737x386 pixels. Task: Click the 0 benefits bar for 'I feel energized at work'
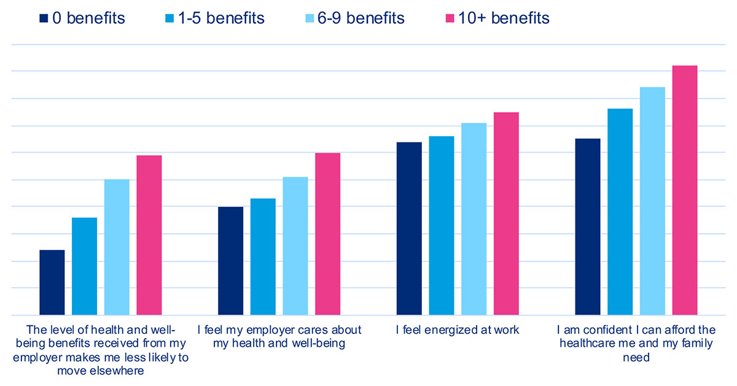click(x=409, y=228)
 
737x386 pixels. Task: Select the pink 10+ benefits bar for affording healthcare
click(x=685, y=190)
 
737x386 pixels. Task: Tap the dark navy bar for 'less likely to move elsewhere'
click(x=52, y=282)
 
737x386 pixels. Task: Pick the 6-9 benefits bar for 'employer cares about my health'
click(x=295, y=245)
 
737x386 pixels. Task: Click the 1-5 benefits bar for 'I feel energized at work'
click(x=441, y=225)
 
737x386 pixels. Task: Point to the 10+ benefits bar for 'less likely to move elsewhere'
click(x=149, y=235)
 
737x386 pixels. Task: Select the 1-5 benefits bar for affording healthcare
click(x=620, y=212)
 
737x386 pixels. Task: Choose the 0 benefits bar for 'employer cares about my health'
click(x=230, y=261)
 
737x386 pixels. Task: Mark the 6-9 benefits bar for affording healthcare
click(x=652, y=201)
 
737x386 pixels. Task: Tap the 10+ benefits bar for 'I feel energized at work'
click(x=506, y=214)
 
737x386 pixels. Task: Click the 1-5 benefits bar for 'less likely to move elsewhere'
click(x=84, y=266)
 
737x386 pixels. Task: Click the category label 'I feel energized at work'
click(x=458, y=330)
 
